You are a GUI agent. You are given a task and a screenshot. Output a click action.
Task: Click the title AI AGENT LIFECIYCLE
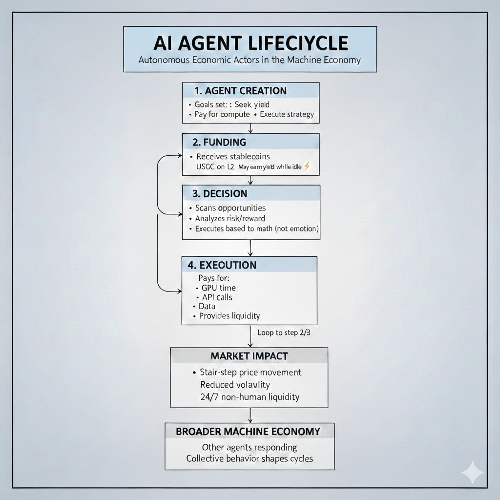[250, 43]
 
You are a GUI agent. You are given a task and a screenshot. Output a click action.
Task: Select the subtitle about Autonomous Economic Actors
[250, 61]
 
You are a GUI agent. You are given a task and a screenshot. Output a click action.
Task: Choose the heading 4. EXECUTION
[222, 265]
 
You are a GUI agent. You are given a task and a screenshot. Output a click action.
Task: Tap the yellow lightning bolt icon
[307, 167]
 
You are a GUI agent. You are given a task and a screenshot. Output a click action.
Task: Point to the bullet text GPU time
[218, 288]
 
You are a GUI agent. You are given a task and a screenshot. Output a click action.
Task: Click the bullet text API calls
[217, 297]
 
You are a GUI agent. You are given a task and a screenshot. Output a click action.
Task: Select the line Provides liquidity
[229, 316]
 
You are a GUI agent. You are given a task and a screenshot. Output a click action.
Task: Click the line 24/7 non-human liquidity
[250, 397]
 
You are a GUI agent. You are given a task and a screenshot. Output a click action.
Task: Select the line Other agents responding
[249, 447]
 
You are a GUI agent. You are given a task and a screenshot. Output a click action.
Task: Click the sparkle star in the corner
[473, 473]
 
